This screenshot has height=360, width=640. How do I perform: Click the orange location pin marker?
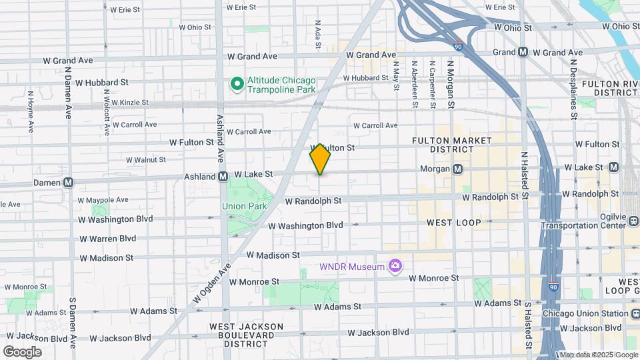tap(320, 159)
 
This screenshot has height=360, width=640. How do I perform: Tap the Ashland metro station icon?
tap(226, 177)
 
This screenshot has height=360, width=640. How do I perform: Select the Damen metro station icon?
tap(69, 182)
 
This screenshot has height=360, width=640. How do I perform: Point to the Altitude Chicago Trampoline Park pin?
tap(235, 84)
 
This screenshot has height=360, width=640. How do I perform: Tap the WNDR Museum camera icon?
tap(395, 267)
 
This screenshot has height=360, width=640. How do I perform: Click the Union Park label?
tap(244, 206)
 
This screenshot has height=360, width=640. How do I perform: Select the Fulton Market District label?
tap(452, 145)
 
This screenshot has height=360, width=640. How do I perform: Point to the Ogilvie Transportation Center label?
tap(584, 221)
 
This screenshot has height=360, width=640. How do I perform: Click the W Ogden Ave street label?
tap(211, 287)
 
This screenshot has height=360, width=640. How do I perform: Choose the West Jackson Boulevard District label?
tap(247, 335)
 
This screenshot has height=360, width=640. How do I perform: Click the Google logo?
tap(22, 351)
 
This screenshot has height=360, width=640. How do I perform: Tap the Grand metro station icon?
tap(523, 51)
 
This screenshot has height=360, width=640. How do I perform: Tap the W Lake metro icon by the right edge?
tap(613, 167)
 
